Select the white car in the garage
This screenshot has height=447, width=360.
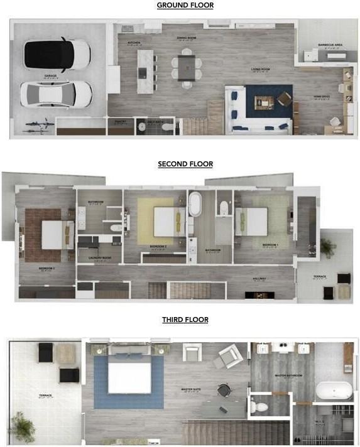click(56, 94)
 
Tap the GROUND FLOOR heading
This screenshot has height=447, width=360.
click(185, 6)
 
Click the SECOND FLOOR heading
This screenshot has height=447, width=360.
click(185, 164)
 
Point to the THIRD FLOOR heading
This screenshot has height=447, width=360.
click(185, 320)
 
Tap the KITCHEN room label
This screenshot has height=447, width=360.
click(133, 43)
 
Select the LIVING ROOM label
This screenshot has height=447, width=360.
click(260, 69)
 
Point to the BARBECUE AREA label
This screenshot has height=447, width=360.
click(330, 45)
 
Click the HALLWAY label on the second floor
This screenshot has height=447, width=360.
click(259, 279)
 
